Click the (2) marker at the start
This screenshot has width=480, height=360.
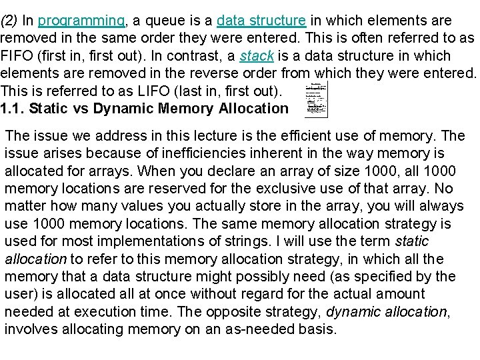click(11, 21)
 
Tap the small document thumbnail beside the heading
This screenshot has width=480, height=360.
click(317, 100)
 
